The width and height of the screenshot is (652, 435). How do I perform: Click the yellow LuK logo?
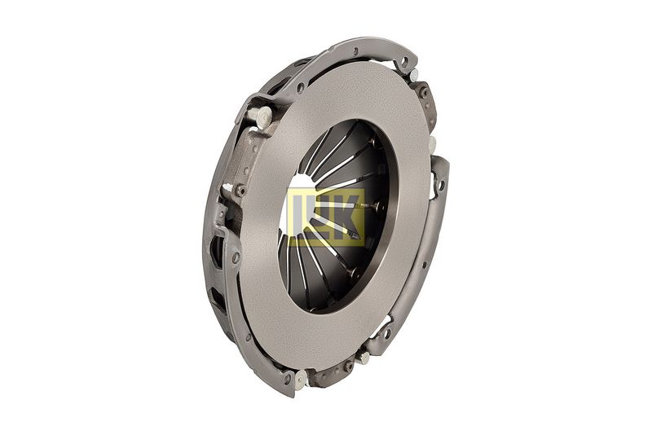[x=327, y=217]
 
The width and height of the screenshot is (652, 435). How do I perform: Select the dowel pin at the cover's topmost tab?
[x=414, y=75]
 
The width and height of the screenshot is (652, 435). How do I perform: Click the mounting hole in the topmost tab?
[x=404, y=62]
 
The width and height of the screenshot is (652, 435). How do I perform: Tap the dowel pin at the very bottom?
[x=301, y=379]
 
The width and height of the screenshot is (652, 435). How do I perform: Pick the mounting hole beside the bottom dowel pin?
[x=287, y=378]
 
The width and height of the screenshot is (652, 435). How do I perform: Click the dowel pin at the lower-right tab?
[x=363, y=357]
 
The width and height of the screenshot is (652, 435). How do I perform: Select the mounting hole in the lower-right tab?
[x=387, y=332]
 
